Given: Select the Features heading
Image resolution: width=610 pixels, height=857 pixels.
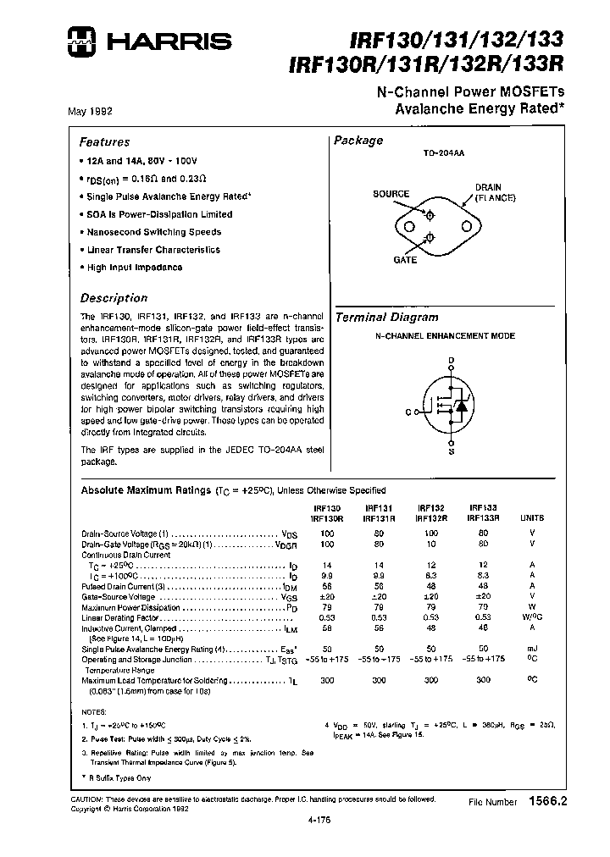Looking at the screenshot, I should coord(104,142).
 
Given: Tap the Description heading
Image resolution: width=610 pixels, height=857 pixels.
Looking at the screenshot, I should coord(114,298).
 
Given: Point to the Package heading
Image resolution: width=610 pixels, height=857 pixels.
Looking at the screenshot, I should coord(358,141).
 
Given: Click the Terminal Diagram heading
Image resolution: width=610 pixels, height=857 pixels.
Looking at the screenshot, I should coord(387,318).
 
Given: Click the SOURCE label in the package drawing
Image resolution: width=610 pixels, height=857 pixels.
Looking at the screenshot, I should coord(391,194).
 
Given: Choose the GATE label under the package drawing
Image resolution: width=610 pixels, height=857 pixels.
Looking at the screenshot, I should coord(405,260).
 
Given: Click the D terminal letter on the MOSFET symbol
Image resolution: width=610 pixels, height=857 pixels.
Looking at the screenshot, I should coord(452,362).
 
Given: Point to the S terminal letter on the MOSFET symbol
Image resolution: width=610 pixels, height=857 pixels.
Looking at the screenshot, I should coord(451,452).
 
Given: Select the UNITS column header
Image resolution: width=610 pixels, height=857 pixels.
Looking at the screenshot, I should coord(533,516).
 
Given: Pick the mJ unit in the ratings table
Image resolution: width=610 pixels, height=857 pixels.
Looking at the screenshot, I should coord(533,647).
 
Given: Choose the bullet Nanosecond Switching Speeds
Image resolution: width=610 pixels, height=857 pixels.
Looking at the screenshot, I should coord(153,232).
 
